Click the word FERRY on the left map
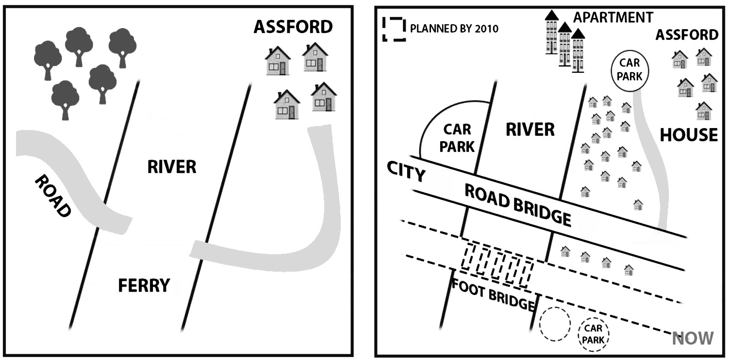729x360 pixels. (x=144, y=286)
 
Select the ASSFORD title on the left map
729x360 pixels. (x=293, y=27)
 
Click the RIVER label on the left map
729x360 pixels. (x=171, y=167)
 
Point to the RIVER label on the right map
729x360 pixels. (x=530, y=130)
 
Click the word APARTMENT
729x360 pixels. (x=613, y=17)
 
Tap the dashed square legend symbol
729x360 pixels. (x=394, y=29)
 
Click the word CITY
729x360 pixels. (x=406, y=172)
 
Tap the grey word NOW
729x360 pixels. (x=693, y=338)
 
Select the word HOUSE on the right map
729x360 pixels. (x=689, y=135)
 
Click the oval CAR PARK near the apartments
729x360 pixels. (x=630, y=70)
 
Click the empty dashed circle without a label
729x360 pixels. (x=555, y=324)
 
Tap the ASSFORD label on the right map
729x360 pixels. (x=686, y=35)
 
